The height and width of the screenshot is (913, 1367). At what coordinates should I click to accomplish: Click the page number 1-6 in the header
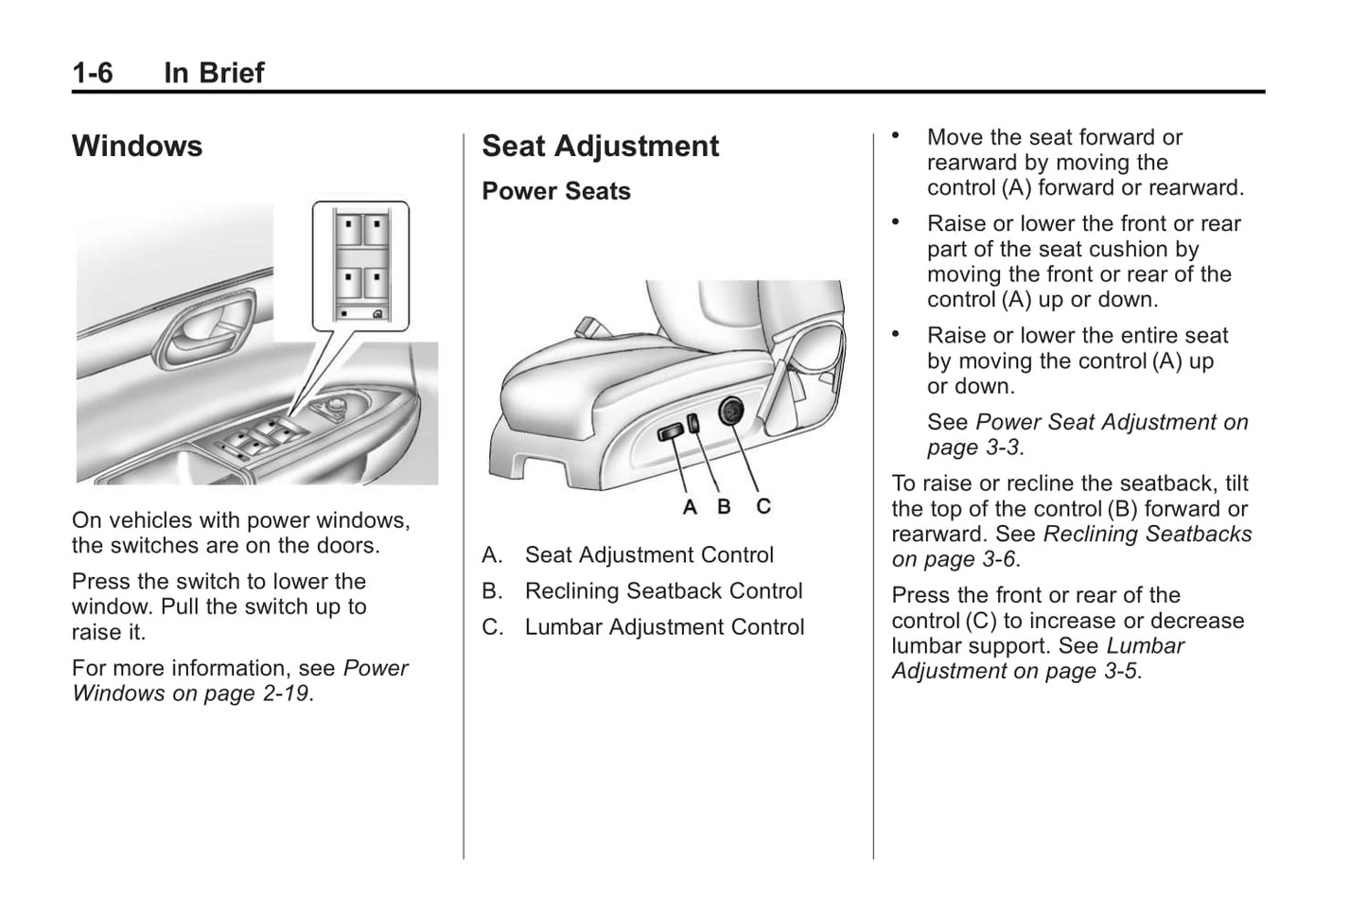coord(92,73)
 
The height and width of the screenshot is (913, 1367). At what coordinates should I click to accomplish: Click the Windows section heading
coord(137,147)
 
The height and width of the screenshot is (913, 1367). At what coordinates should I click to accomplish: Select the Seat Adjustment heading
coord(600,147)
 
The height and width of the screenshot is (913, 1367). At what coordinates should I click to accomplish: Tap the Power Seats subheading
coord(555,191)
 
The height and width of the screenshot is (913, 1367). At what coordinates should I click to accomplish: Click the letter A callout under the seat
coord(690,508)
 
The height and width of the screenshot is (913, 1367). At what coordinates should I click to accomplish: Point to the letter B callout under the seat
coord(724,507)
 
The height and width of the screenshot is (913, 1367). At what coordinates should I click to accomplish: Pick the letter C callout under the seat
coord(763,507)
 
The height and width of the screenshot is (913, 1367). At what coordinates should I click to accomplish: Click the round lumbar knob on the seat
coord(731,412)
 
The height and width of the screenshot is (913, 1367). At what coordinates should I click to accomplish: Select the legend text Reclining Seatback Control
coord(663,591)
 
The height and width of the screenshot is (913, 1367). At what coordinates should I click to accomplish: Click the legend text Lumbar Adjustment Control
coord(664,627)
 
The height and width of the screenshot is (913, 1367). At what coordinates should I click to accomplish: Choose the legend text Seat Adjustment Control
coord(649,555)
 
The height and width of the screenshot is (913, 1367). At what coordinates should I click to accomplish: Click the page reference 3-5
coord(1118,672)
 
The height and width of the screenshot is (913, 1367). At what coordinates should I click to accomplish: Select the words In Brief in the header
coord(214,73)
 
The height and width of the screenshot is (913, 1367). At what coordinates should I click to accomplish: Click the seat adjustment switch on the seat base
coord(671,432)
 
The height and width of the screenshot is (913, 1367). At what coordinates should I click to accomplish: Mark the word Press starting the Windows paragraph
coord(99,582)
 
